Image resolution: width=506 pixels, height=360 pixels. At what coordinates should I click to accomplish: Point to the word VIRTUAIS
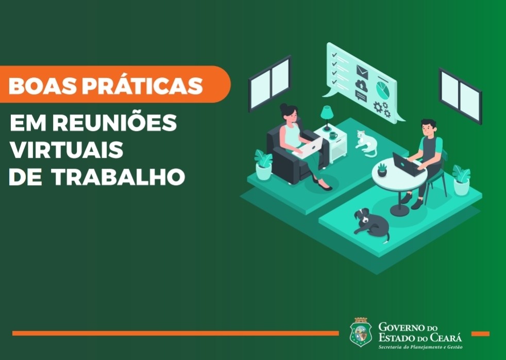coord(66,150)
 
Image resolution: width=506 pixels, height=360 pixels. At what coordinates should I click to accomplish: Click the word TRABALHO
coord(118,177)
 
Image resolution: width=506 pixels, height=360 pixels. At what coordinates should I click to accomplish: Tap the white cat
coord(366,143)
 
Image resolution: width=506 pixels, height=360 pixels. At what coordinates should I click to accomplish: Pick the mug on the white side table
coord(333,135)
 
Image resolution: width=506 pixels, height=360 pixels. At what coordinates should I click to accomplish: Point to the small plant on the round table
coord(382,170)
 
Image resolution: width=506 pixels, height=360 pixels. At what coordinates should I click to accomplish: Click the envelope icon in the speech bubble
coord(362,71)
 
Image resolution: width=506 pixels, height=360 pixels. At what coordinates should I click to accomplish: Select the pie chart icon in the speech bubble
coord(383,89)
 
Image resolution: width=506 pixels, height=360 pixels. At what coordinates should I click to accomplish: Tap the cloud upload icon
coord(361,85)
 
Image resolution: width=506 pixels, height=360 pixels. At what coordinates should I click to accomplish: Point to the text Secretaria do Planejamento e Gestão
coord(420,347)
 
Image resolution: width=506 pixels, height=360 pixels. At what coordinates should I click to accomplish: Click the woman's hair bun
coord(283,107)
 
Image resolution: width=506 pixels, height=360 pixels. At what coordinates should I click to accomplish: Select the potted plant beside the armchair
coord(263,165)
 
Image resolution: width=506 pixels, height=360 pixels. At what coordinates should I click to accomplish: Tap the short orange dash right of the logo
coord(480,334)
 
